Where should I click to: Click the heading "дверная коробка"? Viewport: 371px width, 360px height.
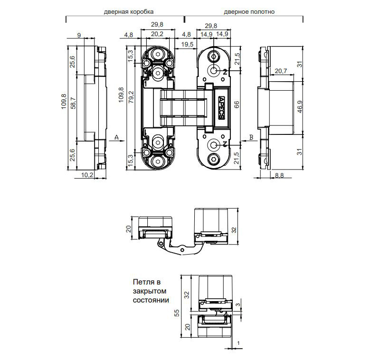tap(128, 12)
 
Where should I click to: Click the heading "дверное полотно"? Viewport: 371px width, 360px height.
tap(249, 12)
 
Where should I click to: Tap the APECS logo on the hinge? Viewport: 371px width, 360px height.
tap(222, 108)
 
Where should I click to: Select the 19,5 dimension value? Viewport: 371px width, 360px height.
tap(187, 44)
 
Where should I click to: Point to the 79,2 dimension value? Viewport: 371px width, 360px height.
tap(131, 97)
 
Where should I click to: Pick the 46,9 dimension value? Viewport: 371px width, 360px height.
tap(300, 107)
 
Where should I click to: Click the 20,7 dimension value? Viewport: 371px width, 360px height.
tap(281, 71)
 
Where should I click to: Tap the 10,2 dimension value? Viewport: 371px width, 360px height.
tap(87, 175)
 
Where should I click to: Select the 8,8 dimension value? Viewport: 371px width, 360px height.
tap(279, 175)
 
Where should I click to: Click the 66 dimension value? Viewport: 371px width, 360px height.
tap(237, 104)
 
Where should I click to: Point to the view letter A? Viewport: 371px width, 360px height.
tap(116, 137)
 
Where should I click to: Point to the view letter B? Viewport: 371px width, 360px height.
tap(251, 137)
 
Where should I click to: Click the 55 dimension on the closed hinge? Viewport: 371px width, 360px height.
tap(177, 313)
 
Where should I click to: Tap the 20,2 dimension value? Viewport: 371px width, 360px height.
tap(157, 34)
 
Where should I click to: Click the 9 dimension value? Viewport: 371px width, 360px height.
tap(79, 35)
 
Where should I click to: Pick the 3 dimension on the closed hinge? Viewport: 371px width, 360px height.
tap(238, 304)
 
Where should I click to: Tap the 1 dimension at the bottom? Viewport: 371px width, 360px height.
tap(238, 343)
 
